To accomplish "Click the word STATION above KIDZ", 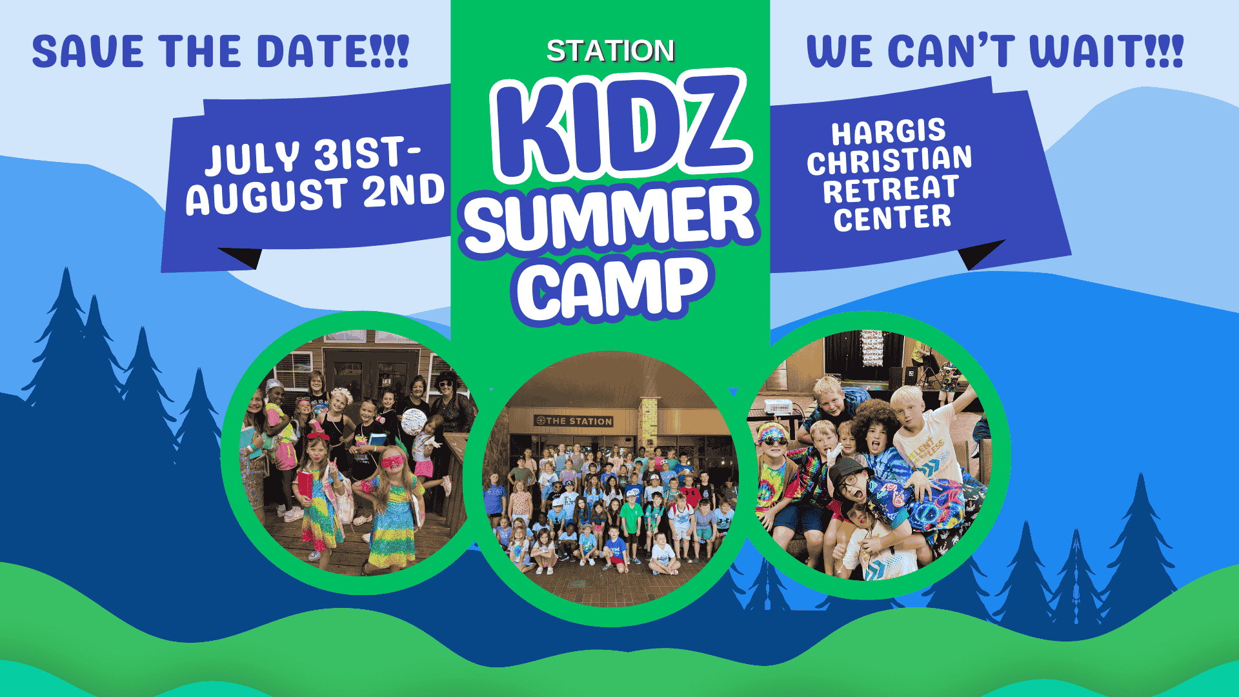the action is click(610, 51).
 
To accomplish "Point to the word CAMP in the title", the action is click(612, 288).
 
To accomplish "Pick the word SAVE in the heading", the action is click(87, 52).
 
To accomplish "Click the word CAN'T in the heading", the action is click(951, 51).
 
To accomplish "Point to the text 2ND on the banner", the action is click(404, 191).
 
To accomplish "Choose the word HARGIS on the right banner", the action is click(889, 132).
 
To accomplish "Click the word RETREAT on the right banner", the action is click(891, 189).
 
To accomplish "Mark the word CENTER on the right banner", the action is click(892, 217).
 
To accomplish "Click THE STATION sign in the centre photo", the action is click(574, 421).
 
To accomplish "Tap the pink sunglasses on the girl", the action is click(393, 462).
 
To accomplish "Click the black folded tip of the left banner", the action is click(243, 257).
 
